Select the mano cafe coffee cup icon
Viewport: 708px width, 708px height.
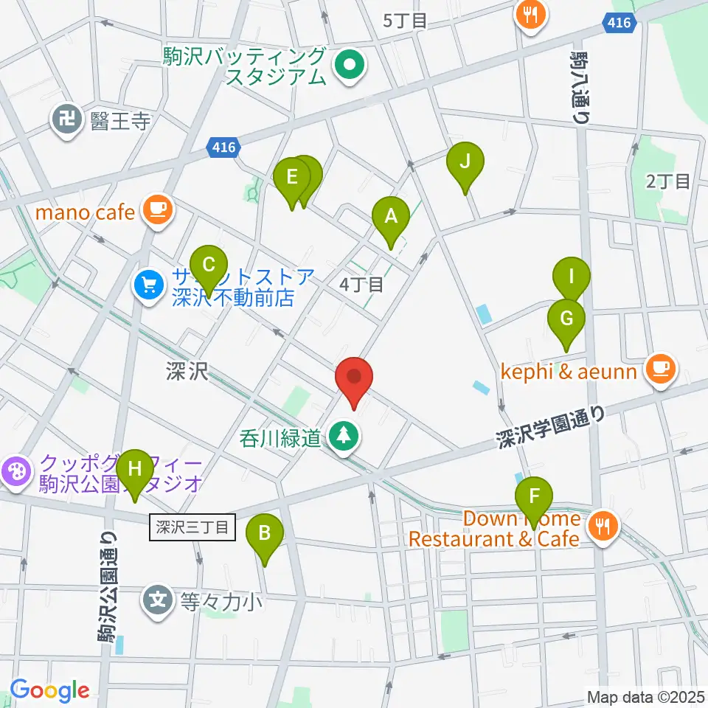[x=157, y=209]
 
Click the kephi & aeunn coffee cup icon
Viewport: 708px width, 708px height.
[x=660, y=369]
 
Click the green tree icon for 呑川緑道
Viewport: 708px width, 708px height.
[x=343, y=437]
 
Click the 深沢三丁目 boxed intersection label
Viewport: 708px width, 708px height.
[x=192, y=527]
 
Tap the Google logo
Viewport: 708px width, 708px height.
[x=49, y=690]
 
